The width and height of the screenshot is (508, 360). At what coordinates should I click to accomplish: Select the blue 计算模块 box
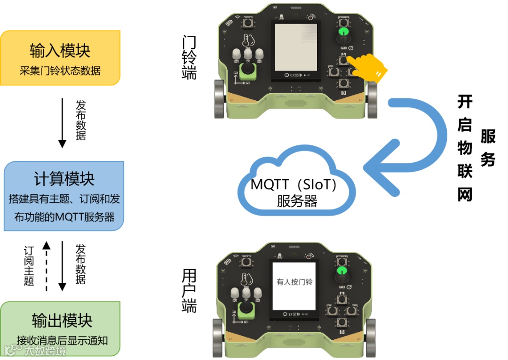pos(64,196)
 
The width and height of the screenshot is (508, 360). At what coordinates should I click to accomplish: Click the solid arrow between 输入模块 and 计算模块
pos(62,122)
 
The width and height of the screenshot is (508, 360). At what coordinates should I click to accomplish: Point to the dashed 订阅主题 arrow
pos(46,266)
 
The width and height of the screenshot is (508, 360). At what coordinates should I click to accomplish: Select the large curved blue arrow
pos(414,141)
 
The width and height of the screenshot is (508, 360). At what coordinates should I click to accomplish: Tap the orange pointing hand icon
pos(369,67)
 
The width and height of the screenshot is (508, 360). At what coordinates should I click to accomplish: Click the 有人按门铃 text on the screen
pos(294,282)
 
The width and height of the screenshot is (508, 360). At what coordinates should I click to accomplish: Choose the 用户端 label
pos(189,291)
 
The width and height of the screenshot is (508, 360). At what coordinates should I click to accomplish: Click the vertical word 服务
pos(488,148)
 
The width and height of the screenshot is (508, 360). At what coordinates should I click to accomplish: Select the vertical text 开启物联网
pos(465,148)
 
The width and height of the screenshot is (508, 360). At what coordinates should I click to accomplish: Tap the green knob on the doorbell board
pos(344,32)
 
